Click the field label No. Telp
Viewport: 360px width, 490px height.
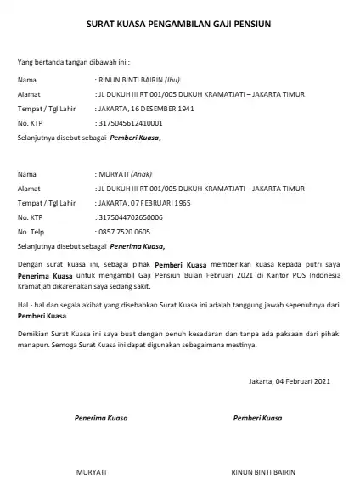31,231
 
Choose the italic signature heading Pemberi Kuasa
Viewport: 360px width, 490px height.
257,419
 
